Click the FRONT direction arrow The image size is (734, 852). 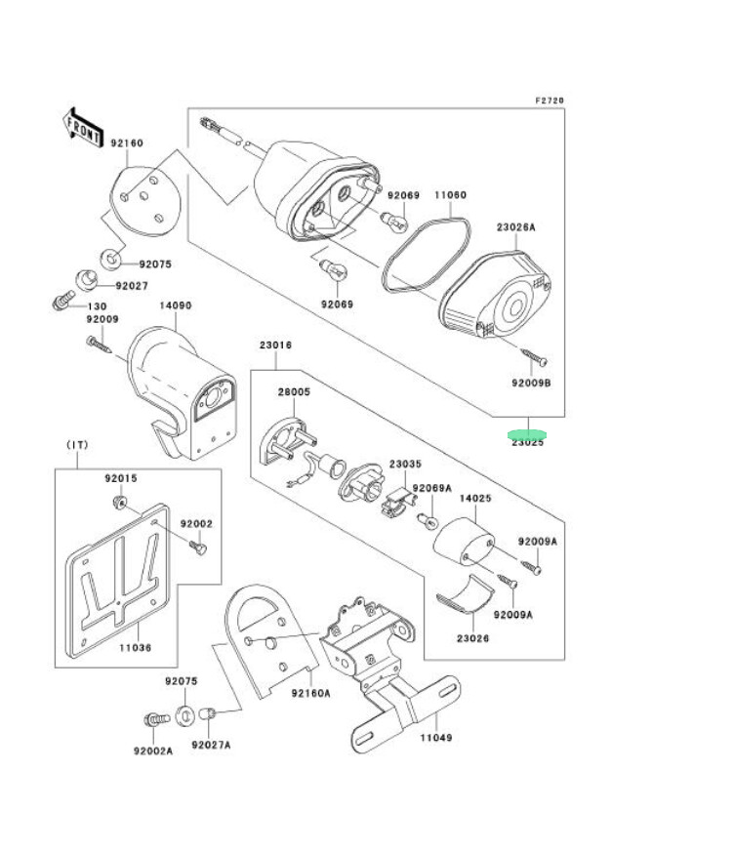pos(83,127)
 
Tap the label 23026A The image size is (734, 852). pos(515,226)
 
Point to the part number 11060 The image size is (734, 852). pos(450,195)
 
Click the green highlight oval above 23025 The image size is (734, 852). pos(528,433)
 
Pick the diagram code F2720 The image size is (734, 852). pos(550,100)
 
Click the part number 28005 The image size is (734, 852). pos(293,391)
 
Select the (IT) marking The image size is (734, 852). pos(77,445)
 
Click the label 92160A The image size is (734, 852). pos(311,692)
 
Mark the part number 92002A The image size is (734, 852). pos(153,751)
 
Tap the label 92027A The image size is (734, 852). pos(211,746)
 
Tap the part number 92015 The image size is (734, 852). pos(121,478)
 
